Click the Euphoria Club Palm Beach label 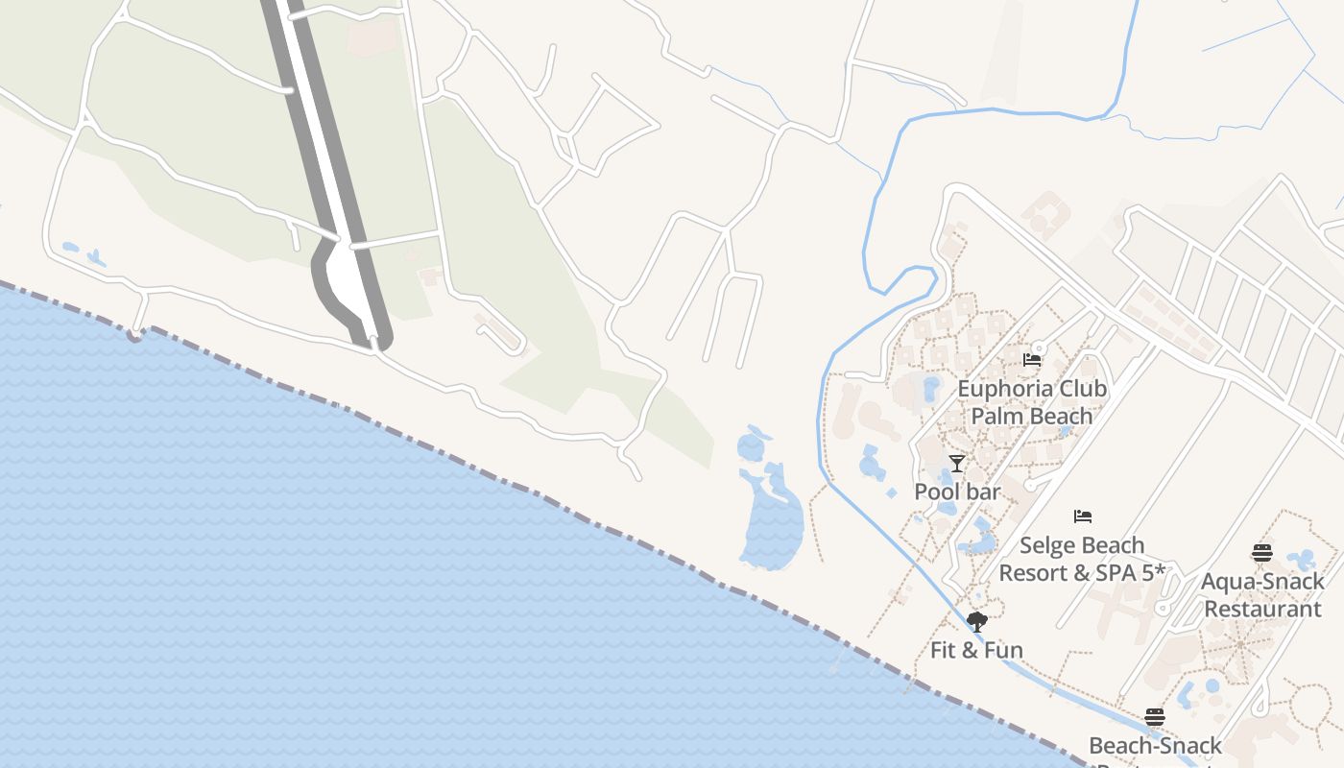pos(1032,402)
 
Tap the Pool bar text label pos(957,492)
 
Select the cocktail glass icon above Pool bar pos(956,464)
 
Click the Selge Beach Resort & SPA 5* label pos(1082,559)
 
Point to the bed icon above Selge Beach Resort pos(1083,516)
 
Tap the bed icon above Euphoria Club pos(1032,360)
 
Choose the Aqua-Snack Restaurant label pos(1262,595)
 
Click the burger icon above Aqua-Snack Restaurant pos(1262,553)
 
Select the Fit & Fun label pos(976,650)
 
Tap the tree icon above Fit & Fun pos(977,622)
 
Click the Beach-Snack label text pos(1155,746)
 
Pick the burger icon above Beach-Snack pos(1155,717)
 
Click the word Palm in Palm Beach pos(996,417)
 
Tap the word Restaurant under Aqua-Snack pos(1262,609)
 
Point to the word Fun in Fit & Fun pos(1002,650)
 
